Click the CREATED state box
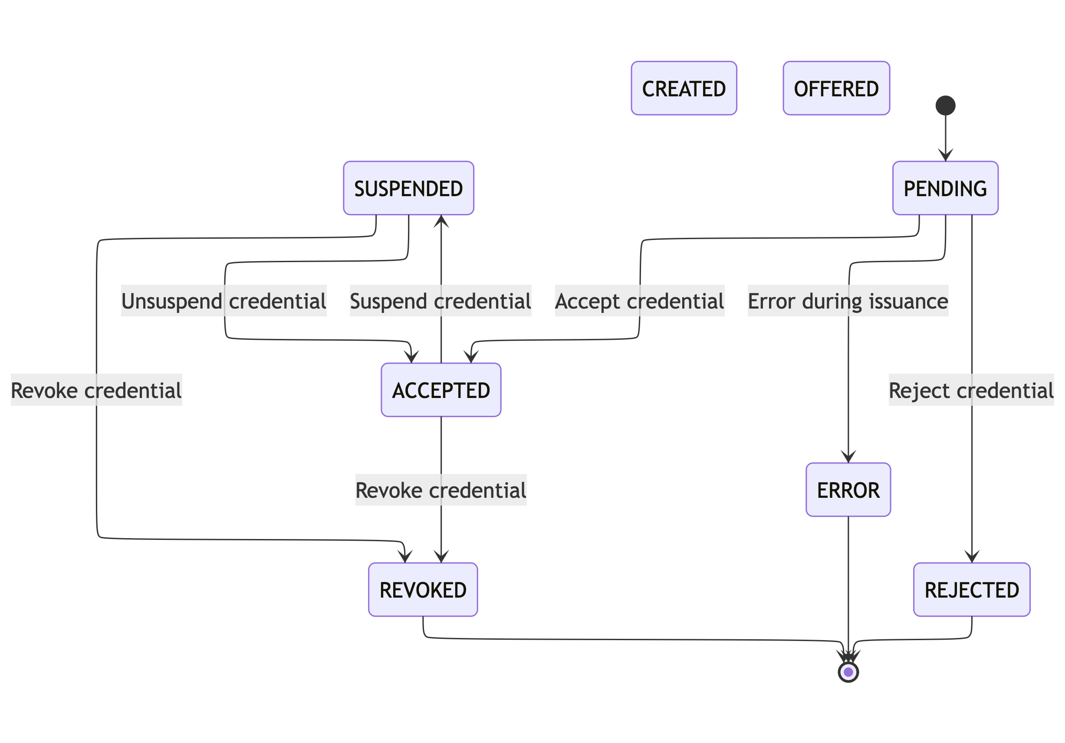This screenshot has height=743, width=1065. coord(684,88)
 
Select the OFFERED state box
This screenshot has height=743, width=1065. coord(836,88)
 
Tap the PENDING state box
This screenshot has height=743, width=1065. coord(945,188)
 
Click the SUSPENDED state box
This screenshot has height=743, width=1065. coord(408,188)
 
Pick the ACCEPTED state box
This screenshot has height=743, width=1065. coord(440,390)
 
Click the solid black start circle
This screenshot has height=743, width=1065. coord(945,105)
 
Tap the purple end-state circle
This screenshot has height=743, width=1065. coord(848,672)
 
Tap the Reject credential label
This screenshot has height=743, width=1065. coord(971,390)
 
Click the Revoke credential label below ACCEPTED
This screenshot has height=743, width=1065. coord(440,490)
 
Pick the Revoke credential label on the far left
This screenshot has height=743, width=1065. coord(96,390)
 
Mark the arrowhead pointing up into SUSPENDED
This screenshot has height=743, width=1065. coord(441,221)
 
